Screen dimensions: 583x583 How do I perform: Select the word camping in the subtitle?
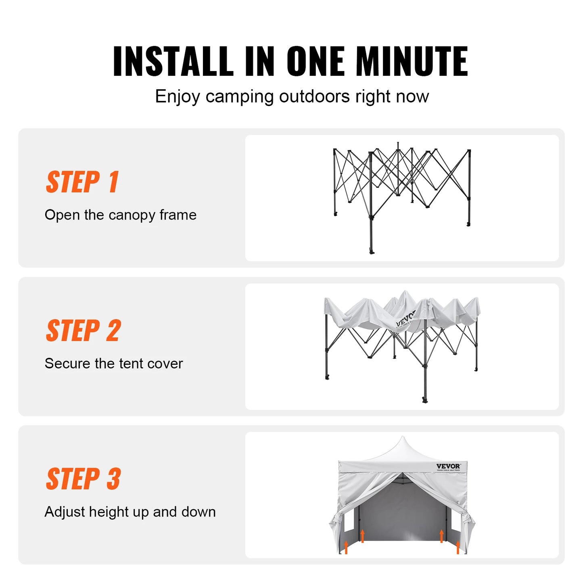(240, 97)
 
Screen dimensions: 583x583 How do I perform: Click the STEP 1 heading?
(83, 182)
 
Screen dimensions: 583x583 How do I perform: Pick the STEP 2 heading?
(84, 330)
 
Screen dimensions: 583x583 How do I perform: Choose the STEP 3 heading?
(84, 479)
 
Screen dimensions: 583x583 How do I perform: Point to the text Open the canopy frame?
(121, 215)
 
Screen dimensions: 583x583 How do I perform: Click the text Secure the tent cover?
(114, 364)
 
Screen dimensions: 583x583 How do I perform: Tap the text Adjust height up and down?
(130, 512)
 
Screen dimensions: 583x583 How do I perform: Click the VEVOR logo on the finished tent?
(448, 466)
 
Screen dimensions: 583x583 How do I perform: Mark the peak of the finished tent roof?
(403, 438)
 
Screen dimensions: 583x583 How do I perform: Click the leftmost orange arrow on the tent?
(346, 547)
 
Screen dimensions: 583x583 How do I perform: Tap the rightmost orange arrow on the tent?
(458, 547)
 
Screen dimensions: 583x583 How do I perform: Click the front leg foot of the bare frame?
(372, 251)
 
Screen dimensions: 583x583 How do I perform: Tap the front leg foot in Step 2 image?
(424, 400)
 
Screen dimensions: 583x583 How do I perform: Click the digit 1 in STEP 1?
(113, 182)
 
